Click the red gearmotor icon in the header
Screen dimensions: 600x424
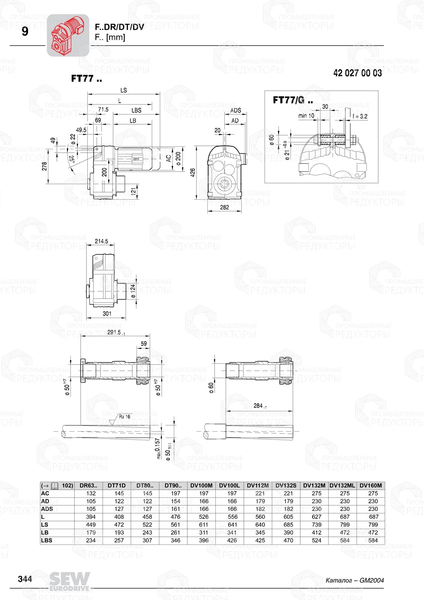(68, 35)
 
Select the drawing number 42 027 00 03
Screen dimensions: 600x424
(357, 73)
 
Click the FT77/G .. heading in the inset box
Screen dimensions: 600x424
(293, 100)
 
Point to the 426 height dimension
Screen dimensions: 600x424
(193, 173)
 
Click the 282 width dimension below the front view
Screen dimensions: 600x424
(224, 207)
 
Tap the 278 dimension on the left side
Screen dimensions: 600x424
(45, 166)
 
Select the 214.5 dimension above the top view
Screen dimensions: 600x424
(101, 241)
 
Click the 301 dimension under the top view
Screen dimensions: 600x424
(107, 314)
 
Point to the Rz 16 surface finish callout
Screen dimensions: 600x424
(124, 417)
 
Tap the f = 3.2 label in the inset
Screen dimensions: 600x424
(360, 116)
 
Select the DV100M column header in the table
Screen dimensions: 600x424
(201, 486)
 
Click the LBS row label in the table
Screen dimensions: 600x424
(47, 540)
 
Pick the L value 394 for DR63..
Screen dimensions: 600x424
(91, 517)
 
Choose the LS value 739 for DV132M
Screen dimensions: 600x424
(316, 525)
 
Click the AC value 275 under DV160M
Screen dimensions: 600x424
(373, 493)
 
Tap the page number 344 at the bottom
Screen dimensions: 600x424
(25, 579)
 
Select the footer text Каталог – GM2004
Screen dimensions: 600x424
(354, 580)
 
